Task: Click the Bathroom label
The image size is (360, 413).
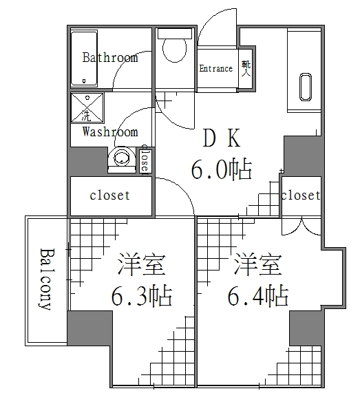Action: [110, 57]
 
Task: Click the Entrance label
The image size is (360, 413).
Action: [215, 68]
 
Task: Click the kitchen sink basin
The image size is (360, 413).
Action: [305, 85]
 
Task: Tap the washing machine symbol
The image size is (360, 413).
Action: [87, 107]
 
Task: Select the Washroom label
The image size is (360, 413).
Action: [110, 131]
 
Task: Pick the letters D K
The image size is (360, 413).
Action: [220, 140]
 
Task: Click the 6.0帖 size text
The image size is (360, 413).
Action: [220, 169]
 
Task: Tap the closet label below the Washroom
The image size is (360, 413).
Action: [110, 195]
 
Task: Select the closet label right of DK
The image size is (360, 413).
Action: [301, 195]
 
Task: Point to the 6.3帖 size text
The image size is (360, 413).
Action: [142, 297]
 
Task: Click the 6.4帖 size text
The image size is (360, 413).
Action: [257, 297]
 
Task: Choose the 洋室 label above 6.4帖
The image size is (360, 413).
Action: [258, 264]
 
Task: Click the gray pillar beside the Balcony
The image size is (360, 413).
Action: [89, 328]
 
